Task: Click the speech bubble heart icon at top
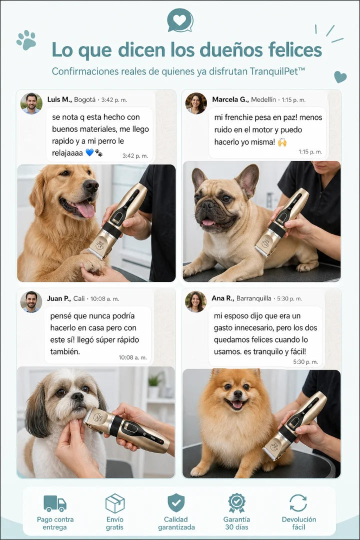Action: [x=180, y=20]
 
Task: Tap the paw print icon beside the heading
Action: [x=26, y=40]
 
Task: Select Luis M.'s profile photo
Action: [x=31, y=103]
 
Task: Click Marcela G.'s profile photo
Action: [x=196, y=103]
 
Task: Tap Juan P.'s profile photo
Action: [x=31, y=301]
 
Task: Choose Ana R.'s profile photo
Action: [x=196, y=301]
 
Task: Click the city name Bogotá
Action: [x=84, y=100]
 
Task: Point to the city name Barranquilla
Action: [x=253, y=298]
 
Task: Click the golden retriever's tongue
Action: [x=85, y=209]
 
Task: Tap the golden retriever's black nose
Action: [x=91, y=185]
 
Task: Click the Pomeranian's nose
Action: [x=237, y=393]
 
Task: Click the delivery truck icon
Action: [x=55, y=503]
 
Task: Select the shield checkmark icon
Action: [x=176, y=503]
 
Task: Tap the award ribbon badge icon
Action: [x=236, y=503]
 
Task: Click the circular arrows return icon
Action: [x=298, y=503]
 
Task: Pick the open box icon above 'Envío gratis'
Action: [x=114, y=503]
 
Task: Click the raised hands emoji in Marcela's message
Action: [x=282, y=142]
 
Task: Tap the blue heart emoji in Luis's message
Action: [x=89, y=152]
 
